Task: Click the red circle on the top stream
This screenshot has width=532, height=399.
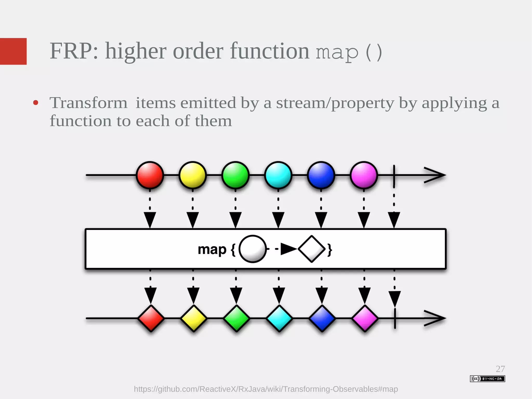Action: pos(150,175)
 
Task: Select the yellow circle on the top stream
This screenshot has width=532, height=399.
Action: pos(192,175)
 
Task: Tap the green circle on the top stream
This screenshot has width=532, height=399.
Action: pos(235,175)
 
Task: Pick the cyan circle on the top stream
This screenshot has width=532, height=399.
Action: pos(278,175)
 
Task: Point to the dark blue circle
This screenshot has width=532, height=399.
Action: pos(321,175)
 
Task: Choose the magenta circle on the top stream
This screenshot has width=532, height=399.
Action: pos(364,175)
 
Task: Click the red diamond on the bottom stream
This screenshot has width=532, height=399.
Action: pos(151,318)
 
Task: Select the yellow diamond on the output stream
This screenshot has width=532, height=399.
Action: pos(194,318)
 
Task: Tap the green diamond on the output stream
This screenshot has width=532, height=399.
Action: pos(236,318)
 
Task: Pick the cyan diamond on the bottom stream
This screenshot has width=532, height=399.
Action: pos(279,318)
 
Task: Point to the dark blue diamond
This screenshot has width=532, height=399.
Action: pos(322,318)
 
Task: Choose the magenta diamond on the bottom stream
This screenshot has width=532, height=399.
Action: pos(365,318)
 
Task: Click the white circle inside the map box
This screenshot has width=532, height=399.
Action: pos(252,249)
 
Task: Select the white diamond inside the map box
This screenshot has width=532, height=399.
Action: pos(312,249)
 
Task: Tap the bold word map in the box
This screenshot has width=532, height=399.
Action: pos(212,250)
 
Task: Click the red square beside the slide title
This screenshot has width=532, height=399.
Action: pos(13,51)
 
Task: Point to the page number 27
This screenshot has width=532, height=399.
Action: pos(500,369)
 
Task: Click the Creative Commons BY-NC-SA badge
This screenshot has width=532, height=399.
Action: pos(487,379)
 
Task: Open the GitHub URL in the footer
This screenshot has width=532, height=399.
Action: pos(266,389)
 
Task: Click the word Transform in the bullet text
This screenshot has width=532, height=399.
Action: pos(88,103)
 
